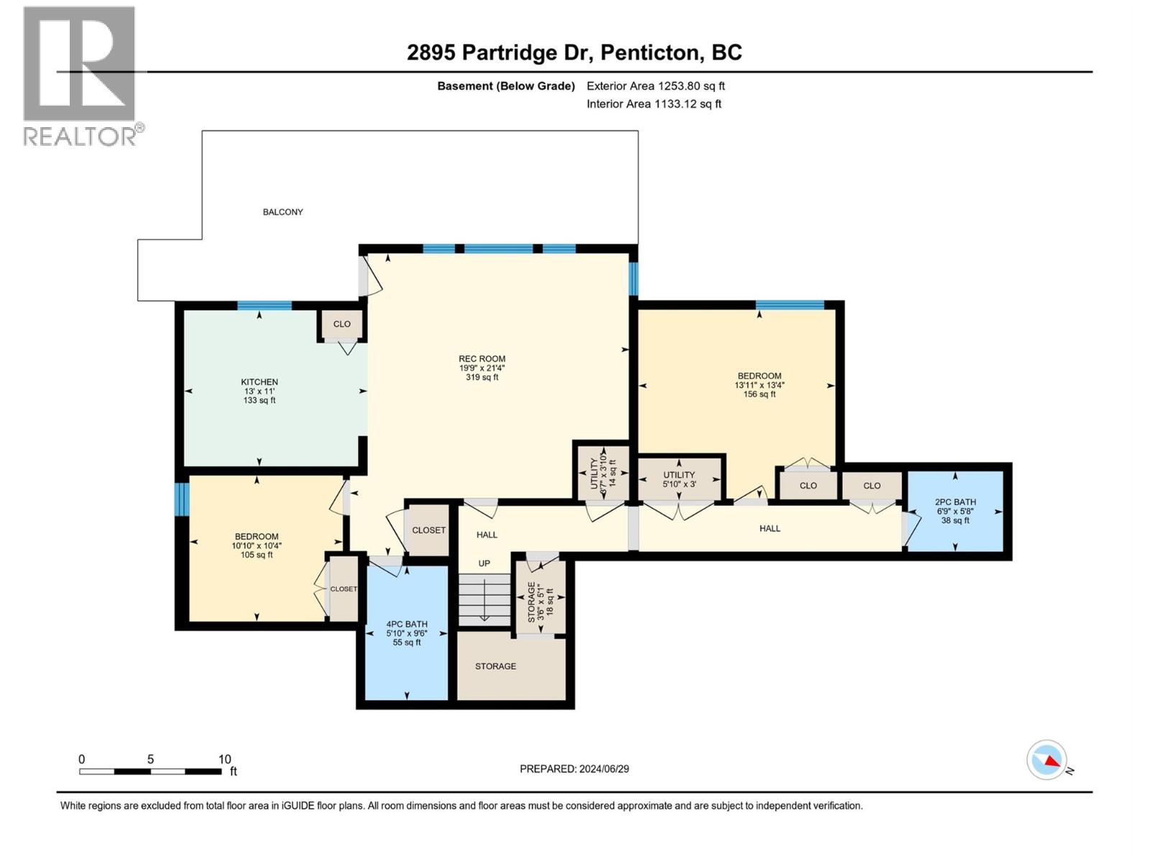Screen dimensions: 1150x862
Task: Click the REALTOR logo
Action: click(x=83, y=76)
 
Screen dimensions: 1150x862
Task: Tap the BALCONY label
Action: click(x=282, y=212)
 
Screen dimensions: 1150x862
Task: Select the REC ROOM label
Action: click(x=482, y=358)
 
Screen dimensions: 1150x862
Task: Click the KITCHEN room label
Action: click(x=259, y=382)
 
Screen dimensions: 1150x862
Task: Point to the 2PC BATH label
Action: click(x=955, y=502)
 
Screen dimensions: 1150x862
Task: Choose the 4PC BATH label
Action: click(x=407, y=624)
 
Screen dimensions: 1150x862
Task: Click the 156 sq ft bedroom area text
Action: click(x=759, y=394)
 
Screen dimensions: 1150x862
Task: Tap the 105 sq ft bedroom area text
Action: click(x=257, y=555)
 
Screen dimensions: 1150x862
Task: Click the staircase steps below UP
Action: click(x=484, y=599)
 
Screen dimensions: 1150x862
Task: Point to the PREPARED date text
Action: click(x=574, y=769)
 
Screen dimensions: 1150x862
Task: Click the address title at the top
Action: click(x=574, y=52)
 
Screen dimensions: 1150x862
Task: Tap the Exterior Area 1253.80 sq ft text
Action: click(x=655, y=85)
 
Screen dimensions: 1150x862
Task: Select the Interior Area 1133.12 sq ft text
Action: click(x=654, y=103)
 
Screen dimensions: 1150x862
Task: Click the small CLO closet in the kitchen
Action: click(x=342, y=325)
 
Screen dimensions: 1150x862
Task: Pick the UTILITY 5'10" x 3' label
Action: click(x=679, y=479)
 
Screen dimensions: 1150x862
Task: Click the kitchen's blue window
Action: click(x=264, y=306)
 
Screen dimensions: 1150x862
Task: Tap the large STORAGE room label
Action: click(x=496, y=667)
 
